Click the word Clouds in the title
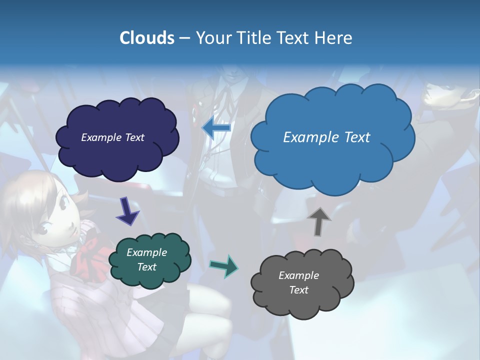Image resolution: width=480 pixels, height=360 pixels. pos(146,38)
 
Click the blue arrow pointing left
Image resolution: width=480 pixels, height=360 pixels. pos(216,127)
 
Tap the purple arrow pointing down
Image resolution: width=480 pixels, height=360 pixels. pos(127,211)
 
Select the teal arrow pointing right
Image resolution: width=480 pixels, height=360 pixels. pos(224,266)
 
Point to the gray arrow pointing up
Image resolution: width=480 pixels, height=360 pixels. pos(319,221)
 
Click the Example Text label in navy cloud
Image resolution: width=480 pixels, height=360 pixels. pos(112,137)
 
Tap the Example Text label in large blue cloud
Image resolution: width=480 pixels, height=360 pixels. pos(326,137)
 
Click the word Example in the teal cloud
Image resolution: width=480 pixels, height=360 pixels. pos(146,252)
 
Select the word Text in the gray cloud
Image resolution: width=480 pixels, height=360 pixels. pos(298,290)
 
